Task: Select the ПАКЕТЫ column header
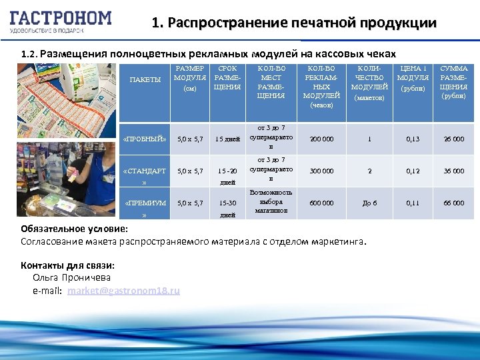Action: pyautogui.click(x=145, y=80)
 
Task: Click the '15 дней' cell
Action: pyautogui.click(x=227, y=139)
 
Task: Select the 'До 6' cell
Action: pyautogui.click(x=369, y=203)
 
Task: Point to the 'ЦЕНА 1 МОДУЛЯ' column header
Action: pyautogui.click(x=413, y=79)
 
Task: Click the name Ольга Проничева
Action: pyautogui.click(x=71, y=277)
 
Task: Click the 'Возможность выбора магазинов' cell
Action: pyautogui.click(x=271, y=202)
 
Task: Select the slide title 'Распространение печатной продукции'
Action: pyautogui.click(x=294, y=23)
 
